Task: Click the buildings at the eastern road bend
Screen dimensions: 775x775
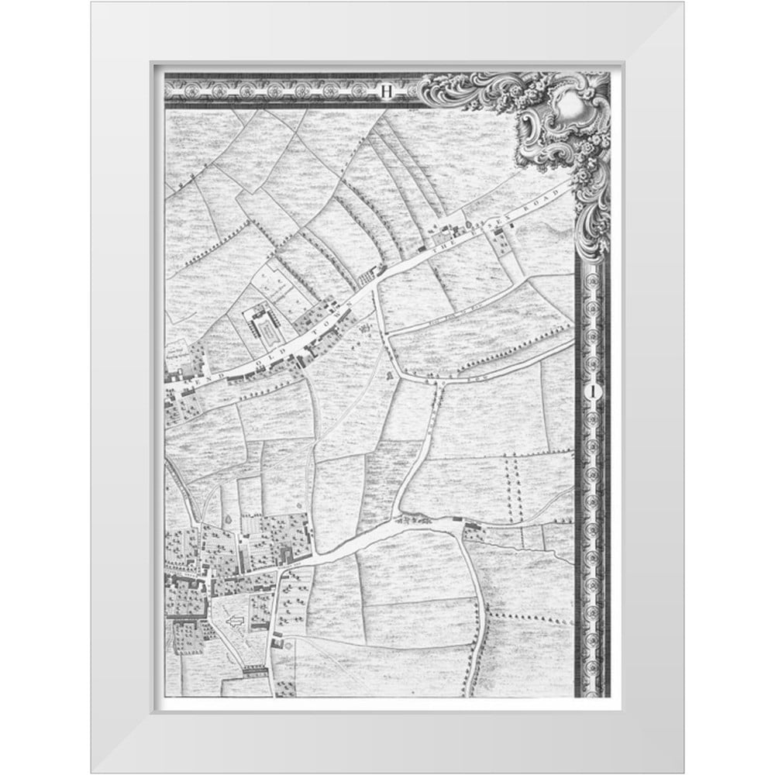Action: [x=473, y=532]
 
